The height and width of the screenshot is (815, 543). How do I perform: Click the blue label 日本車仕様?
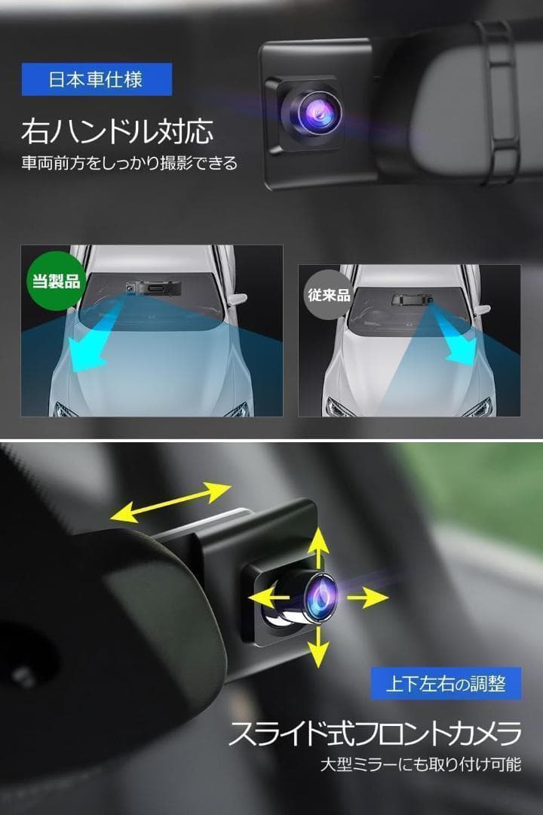(97, 79)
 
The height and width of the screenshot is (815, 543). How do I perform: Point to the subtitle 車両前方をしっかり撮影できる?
(129, 163)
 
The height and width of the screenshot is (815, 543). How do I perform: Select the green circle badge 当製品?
(52, 281)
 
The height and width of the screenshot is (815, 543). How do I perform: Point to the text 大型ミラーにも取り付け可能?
(419, 765)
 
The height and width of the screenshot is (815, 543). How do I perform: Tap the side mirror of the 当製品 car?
(237, 300)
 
